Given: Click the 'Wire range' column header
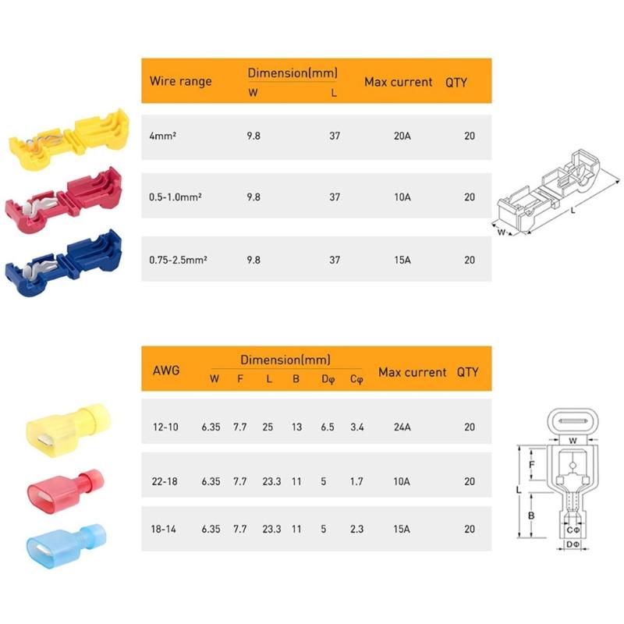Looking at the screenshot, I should [x=180, y=81].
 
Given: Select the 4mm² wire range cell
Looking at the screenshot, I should [x=162, y=135].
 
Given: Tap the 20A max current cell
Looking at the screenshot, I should [x=402, y=135].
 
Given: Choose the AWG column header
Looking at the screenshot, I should [x=166, y=370].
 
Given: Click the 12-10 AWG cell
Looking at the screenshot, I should [x=165, y=427].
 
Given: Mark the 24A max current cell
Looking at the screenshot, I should [x=402, y=427].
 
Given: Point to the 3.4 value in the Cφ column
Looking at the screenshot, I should [x=356, y=427].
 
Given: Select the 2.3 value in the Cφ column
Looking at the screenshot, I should [x=356, y=529].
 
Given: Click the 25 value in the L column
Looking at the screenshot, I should [x=268, y=427].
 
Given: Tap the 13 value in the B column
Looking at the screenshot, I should [x=296, y=427].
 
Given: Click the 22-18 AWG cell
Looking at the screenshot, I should [x=165, y=481].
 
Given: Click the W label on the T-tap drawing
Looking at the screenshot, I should [x=502, y=232].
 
